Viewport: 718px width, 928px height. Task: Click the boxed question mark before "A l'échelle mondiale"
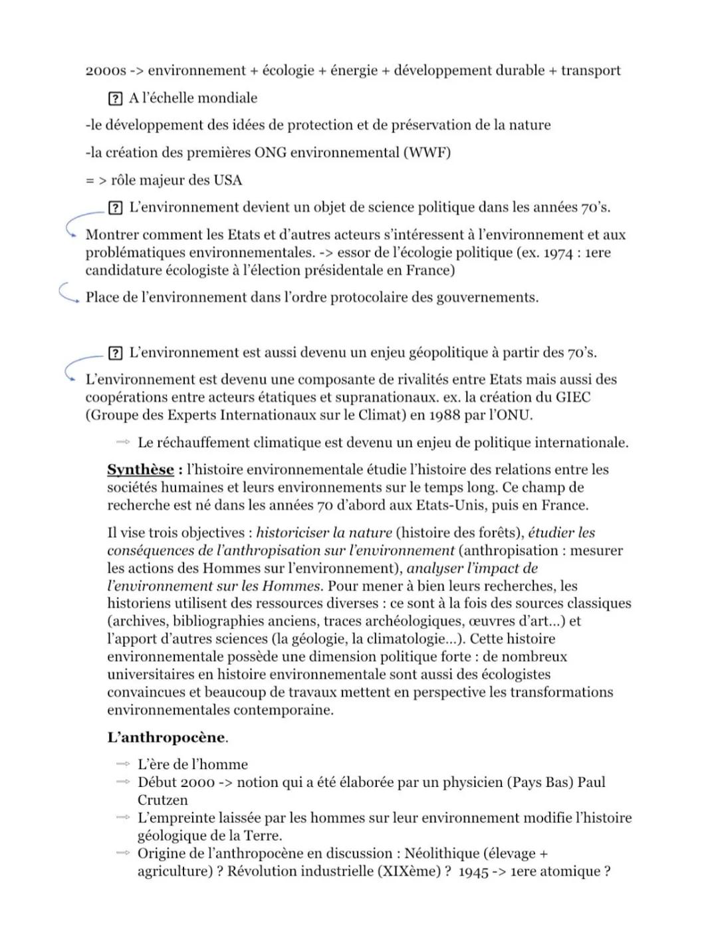point(115,98)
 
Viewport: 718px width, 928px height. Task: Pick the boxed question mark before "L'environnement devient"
point(115,207)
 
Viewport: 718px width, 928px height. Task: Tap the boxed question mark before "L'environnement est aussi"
point(115,353)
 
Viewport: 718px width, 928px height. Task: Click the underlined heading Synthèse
point(140,470)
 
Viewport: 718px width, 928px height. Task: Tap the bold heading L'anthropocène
point(166,737)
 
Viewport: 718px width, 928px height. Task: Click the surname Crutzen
point(162,800)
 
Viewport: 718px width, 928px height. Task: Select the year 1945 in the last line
point(473,871)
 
